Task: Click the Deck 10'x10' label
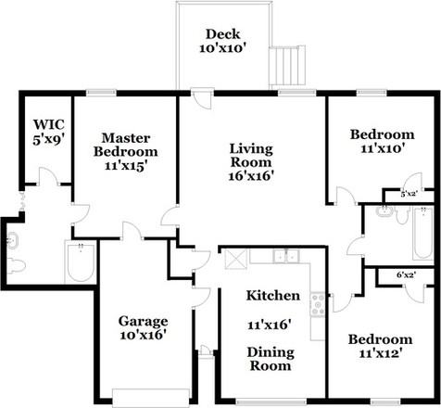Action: (222, 41)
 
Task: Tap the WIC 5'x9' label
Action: (49, 132)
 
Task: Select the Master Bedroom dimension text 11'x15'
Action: (125, 166)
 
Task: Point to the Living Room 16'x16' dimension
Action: (251, 176)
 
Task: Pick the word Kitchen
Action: (273, 296)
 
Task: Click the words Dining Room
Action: (271, 359)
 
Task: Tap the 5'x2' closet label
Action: (409, 194)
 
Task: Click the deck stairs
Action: (287, 66)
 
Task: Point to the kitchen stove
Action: (318, 304)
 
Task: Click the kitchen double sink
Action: (286, 257)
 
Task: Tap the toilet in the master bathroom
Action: (17, 266)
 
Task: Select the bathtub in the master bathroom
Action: (81, 262)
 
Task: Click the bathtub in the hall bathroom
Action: (423, 234)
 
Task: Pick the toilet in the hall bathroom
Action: (402, 216)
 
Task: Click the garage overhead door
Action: (151, 397)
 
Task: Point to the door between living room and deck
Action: (202, 98)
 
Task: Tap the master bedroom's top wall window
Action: (101, 93)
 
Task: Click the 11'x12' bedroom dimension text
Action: (380, 352)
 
